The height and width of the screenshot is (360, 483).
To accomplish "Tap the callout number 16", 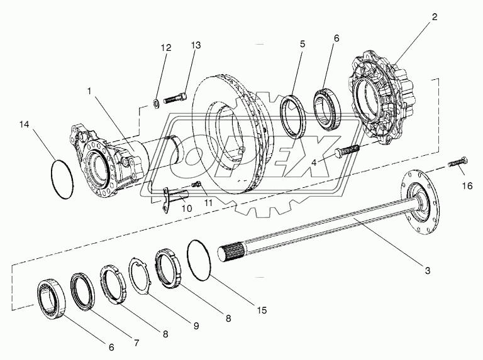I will pos(466,187).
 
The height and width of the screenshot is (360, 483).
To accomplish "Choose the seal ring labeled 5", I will pos(293,113).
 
